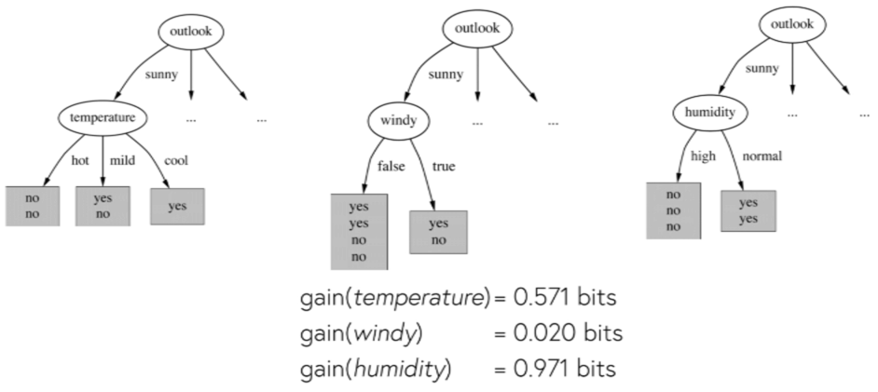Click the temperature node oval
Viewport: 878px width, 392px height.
pos(103,118)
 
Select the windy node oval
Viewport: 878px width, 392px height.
pos(394,121)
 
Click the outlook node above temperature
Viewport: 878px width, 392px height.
pos(191,32)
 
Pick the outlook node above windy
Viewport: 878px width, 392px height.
pos(477,28)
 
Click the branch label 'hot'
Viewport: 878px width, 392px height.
pos(80,160)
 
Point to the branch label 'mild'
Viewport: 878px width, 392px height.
pos(122,160)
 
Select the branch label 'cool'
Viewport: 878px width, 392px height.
pos(176,160)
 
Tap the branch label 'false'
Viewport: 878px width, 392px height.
pos(391,167)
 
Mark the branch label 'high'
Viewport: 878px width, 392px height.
pos(703,155)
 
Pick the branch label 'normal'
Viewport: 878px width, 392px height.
pos(761,155)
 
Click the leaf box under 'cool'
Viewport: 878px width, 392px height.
pos(177,207)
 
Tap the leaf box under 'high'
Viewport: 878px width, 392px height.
pos(673,210)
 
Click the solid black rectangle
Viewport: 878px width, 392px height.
pos(810,351)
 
